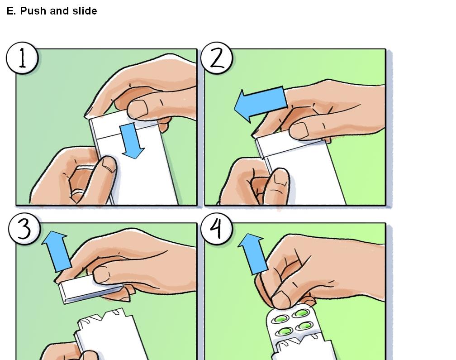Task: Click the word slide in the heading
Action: coord(85,11)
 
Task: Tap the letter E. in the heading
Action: coord(11,11)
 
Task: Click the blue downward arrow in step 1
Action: coord(132,141)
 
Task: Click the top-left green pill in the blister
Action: coord(280,318)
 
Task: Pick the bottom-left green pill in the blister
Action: coord(284,332)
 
